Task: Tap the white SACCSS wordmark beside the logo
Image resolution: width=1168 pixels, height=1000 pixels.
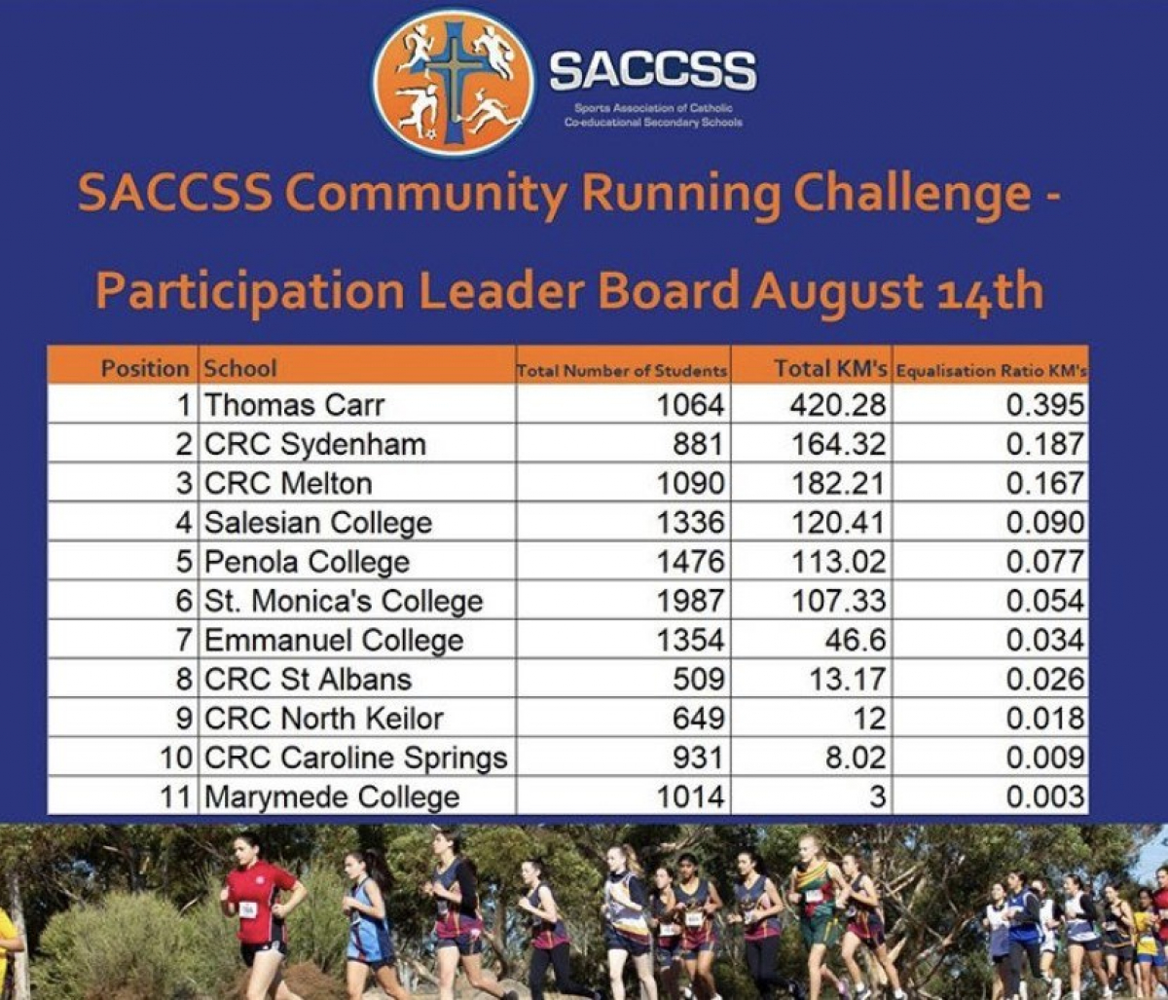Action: [653, 71]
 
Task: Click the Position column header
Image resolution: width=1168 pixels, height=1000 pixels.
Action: [145, 369]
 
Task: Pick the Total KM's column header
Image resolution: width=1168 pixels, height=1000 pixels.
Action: [831, 369]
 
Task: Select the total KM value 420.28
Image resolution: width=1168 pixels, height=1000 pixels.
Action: [838, 405]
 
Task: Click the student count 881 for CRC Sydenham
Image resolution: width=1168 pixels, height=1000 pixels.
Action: [698, 444]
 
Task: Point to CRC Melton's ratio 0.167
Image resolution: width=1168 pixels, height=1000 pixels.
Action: [1044, 484]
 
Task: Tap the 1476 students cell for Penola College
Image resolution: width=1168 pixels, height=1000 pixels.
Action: [690, 563]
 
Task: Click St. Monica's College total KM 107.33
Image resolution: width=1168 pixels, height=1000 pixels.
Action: [839, 601]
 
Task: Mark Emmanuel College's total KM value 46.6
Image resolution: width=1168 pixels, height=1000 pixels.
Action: [855, 641]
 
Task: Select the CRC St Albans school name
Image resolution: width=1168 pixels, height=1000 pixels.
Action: [308, 680]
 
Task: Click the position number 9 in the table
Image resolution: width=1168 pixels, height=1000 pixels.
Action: [185, 719]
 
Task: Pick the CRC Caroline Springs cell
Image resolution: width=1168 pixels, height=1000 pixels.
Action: [356, 759]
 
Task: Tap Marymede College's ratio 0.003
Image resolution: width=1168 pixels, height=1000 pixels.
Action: [1044, 797]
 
